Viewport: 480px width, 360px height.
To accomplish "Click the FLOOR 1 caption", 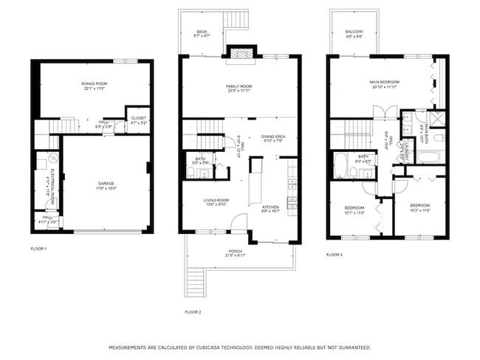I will (38, 249).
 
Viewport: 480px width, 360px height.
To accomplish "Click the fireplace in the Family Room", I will (240, 52).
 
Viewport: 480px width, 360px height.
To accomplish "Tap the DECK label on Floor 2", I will (202, 33).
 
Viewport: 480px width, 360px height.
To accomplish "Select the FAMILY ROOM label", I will (239, 87).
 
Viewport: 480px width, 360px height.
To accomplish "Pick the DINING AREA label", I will (274, 137).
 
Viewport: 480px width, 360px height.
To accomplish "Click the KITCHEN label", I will (270, 208).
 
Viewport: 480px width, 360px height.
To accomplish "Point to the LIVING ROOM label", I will (216, 201).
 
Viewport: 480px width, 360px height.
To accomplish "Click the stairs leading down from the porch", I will (195, 282).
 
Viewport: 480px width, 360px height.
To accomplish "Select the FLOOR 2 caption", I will (193, 312).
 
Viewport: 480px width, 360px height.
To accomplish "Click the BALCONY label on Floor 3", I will (354, 32).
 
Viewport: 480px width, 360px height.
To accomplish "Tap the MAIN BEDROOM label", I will (384, 83).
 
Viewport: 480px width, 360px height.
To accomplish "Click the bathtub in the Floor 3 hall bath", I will (340, 166).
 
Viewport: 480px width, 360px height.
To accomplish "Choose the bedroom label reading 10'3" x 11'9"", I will (420, 206).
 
